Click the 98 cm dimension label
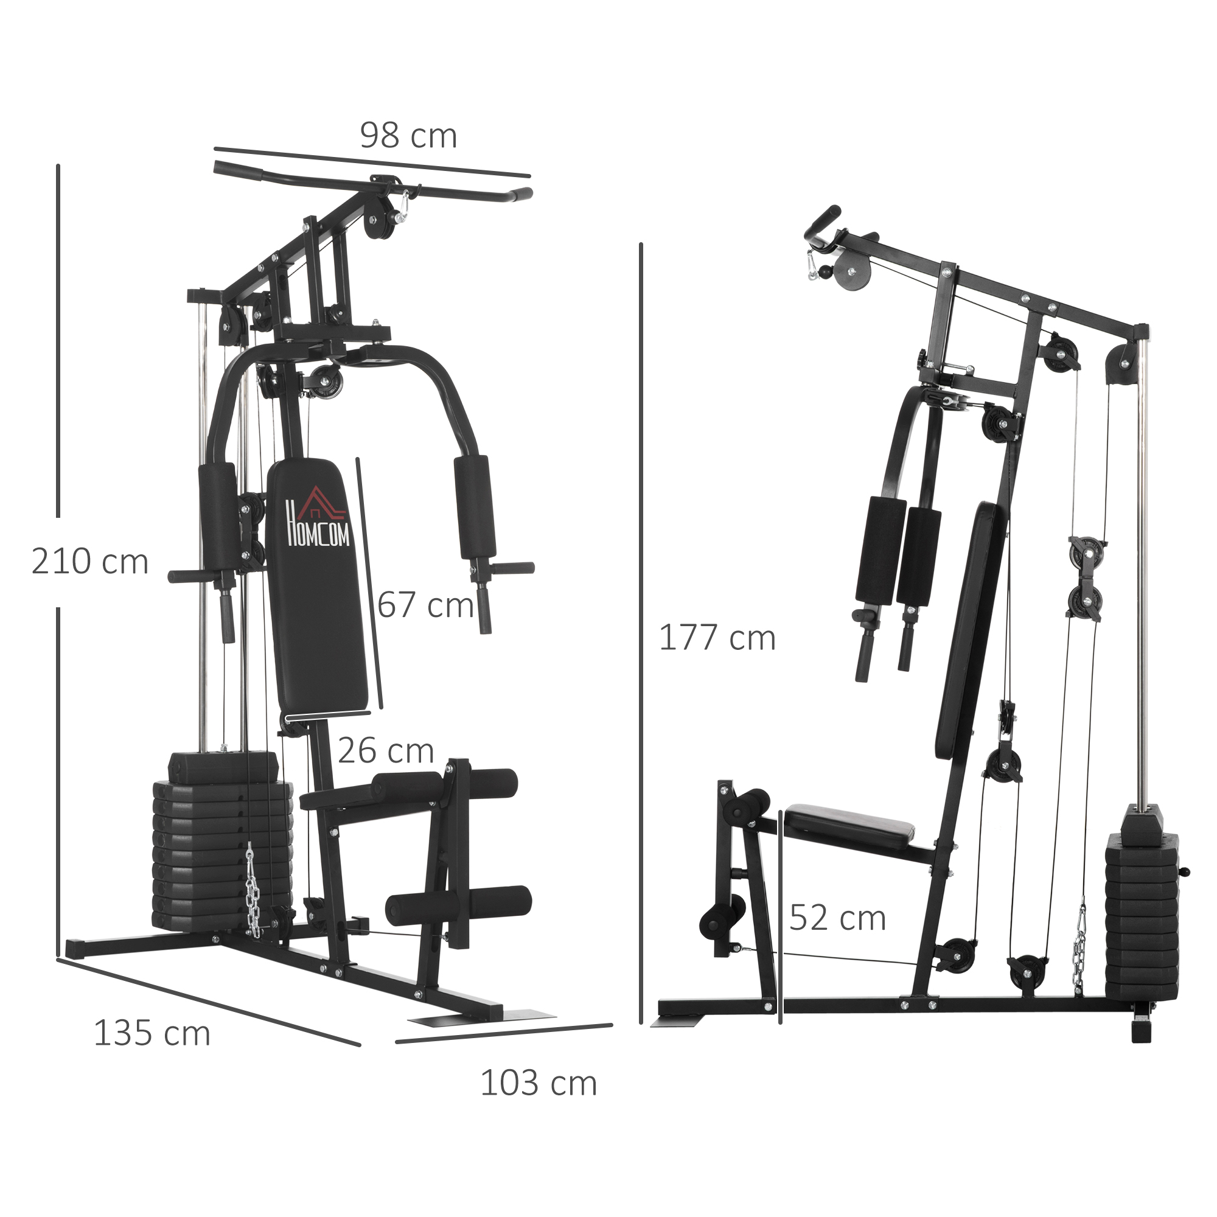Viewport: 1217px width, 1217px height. point(408,136)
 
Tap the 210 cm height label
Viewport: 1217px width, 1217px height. point(89,562)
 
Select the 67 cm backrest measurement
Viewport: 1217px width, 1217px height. point(425,605)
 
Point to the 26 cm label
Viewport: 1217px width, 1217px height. point(386,751)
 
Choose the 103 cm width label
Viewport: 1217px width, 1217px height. point(539,1083)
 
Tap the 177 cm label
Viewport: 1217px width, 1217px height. point(717,638)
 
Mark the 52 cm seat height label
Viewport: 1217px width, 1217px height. point(837,918)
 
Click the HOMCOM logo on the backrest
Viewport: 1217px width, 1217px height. point(318,518)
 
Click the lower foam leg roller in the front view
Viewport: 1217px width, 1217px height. point(459,906)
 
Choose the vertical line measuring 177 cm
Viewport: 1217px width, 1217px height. point(641,630)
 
